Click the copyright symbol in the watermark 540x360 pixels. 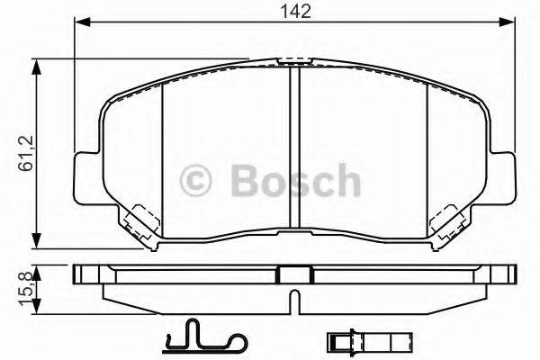(x=197, y=182)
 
